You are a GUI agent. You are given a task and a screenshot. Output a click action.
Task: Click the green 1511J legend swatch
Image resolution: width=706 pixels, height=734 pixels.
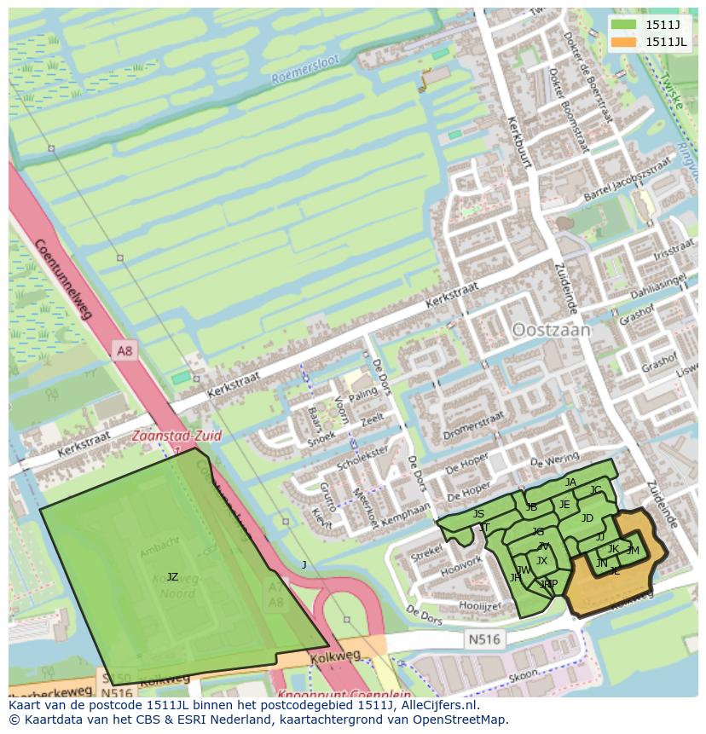tap(624, 24)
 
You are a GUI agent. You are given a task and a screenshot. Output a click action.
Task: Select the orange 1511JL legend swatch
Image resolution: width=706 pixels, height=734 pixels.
tap(624, 41)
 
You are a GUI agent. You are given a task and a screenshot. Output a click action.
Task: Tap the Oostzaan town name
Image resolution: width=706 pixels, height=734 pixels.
tap(551, 330)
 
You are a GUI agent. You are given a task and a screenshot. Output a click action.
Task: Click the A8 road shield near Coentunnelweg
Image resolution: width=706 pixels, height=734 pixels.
tap(125, 350)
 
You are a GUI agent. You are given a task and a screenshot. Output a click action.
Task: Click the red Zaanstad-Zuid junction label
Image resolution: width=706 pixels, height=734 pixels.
tap(176, 436)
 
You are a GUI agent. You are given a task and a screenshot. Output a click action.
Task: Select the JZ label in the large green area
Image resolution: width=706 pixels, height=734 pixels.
tap(172, 577)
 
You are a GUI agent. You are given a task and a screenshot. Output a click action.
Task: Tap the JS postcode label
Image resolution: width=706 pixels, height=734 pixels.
tap(478, 514)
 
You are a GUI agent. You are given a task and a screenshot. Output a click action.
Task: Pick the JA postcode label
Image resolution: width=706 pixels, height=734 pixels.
tap(570, 483)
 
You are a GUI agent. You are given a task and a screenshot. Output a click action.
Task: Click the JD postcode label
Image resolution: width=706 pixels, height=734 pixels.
tap(587, 518)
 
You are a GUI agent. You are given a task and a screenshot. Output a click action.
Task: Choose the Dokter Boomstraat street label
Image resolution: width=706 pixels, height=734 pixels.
tap(564, 109)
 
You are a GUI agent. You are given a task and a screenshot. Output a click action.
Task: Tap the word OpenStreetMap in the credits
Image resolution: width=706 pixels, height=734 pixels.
tap(463, 720)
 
